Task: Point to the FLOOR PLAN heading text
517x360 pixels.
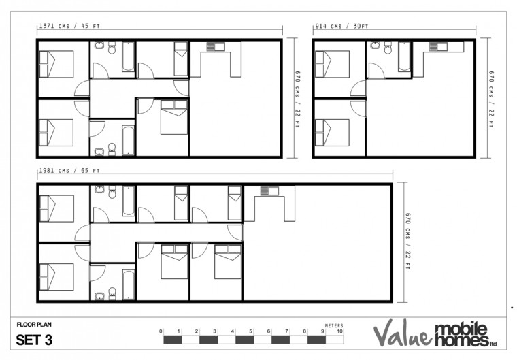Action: [x=34, y=325]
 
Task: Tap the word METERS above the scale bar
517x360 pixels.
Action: [x=334, y=325]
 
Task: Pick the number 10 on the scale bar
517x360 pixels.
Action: [x=340, y=331]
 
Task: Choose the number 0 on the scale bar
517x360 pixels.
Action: [x=161, y=331]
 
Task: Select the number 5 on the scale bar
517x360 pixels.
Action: [x=251, y=331]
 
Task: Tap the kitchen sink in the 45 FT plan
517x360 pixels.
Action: [x=215, y=46]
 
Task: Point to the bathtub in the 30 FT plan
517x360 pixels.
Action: [x=402, y=56]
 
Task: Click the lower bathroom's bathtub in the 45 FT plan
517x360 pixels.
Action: [x=128, y=140]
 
